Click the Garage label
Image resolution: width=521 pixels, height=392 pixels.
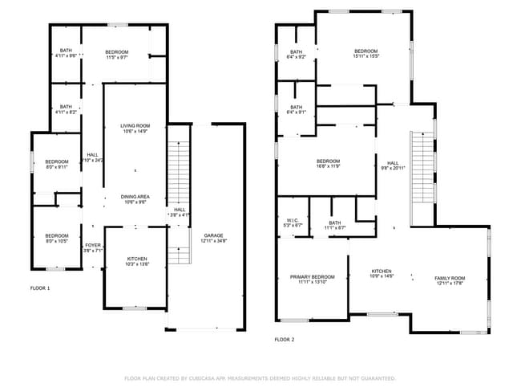click(x=213, y=235)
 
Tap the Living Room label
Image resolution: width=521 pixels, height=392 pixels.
click(x=135, y=126)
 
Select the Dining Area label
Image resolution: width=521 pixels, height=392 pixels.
click(x=135, y=197)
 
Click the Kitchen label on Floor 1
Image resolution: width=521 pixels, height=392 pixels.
click(x=137, y=259)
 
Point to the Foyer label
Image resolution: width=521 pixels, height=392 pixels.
click(x=94, y=245)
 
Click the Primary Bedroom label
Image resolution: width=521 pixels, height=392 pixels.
click(x=312, y=277)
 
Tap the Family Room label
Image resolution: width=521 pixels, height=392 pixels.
click(x=450, y=278)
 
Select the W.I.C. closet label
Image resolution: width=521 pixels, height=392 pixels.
click(x=293, y=222)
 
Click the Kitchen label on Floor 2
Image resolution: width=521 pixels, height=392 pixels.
click(x=381, y=272)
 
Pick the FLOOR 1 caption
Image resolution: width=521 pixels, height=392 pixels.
click(x=40, y=288)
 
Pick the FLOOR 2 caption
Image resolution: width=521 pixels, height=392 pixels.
click(x=285, y=340)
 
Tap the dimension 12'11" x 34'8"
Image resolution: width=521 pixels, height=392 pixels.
click(x=213, y=241)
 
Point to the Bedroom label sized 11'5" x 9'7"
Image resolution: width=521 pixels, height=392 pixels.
click(x=117, y=52)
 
